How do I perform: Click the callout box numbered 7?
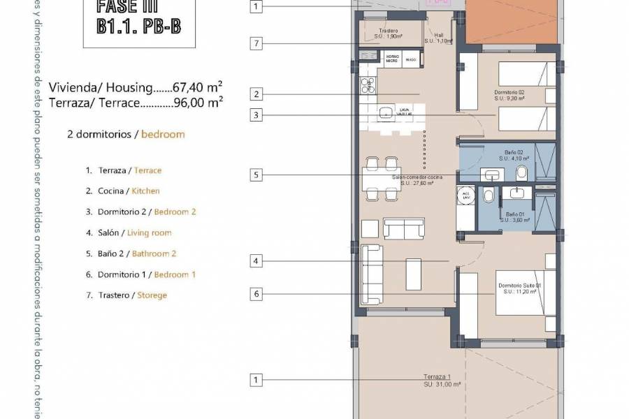click(257, 44)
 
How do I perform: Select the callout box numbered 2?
click(257, 94)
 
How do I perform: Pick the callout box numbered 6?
click(257, 294)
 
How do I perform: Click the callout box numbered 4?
click(257, 261)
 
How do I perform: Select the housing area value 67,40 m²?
click(191, 87)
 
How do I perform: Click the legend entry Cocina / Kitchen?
click(122, 191)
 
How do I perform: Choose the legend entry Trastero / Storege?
click(126, 295)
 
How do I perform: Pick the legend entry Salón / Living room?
click(128, 233)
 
